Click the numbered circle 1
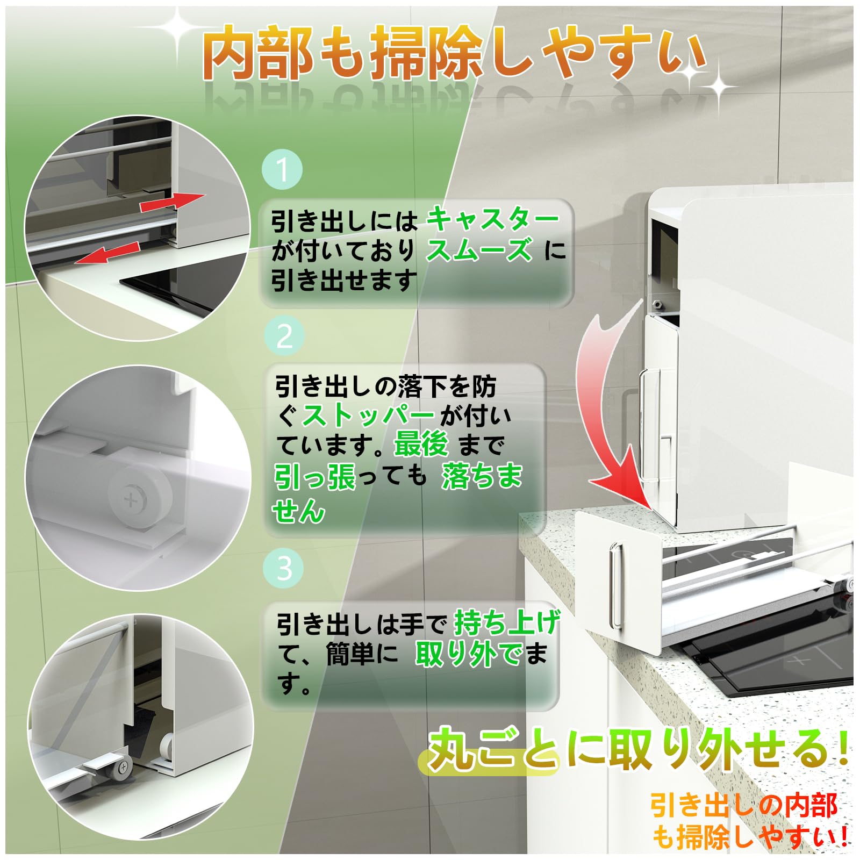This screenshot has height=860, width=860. [283, 169]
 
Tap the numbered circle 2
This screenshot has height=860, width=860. [284, 336]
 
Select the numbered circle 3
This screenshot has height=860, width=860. [284, 568]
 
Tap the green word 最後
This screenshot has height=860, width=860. [421, 445]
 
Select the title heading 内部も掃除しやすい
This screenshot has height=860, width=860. [454, 54]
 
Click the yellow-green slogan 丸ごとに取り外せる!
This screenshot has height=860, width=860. [637, 748]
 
